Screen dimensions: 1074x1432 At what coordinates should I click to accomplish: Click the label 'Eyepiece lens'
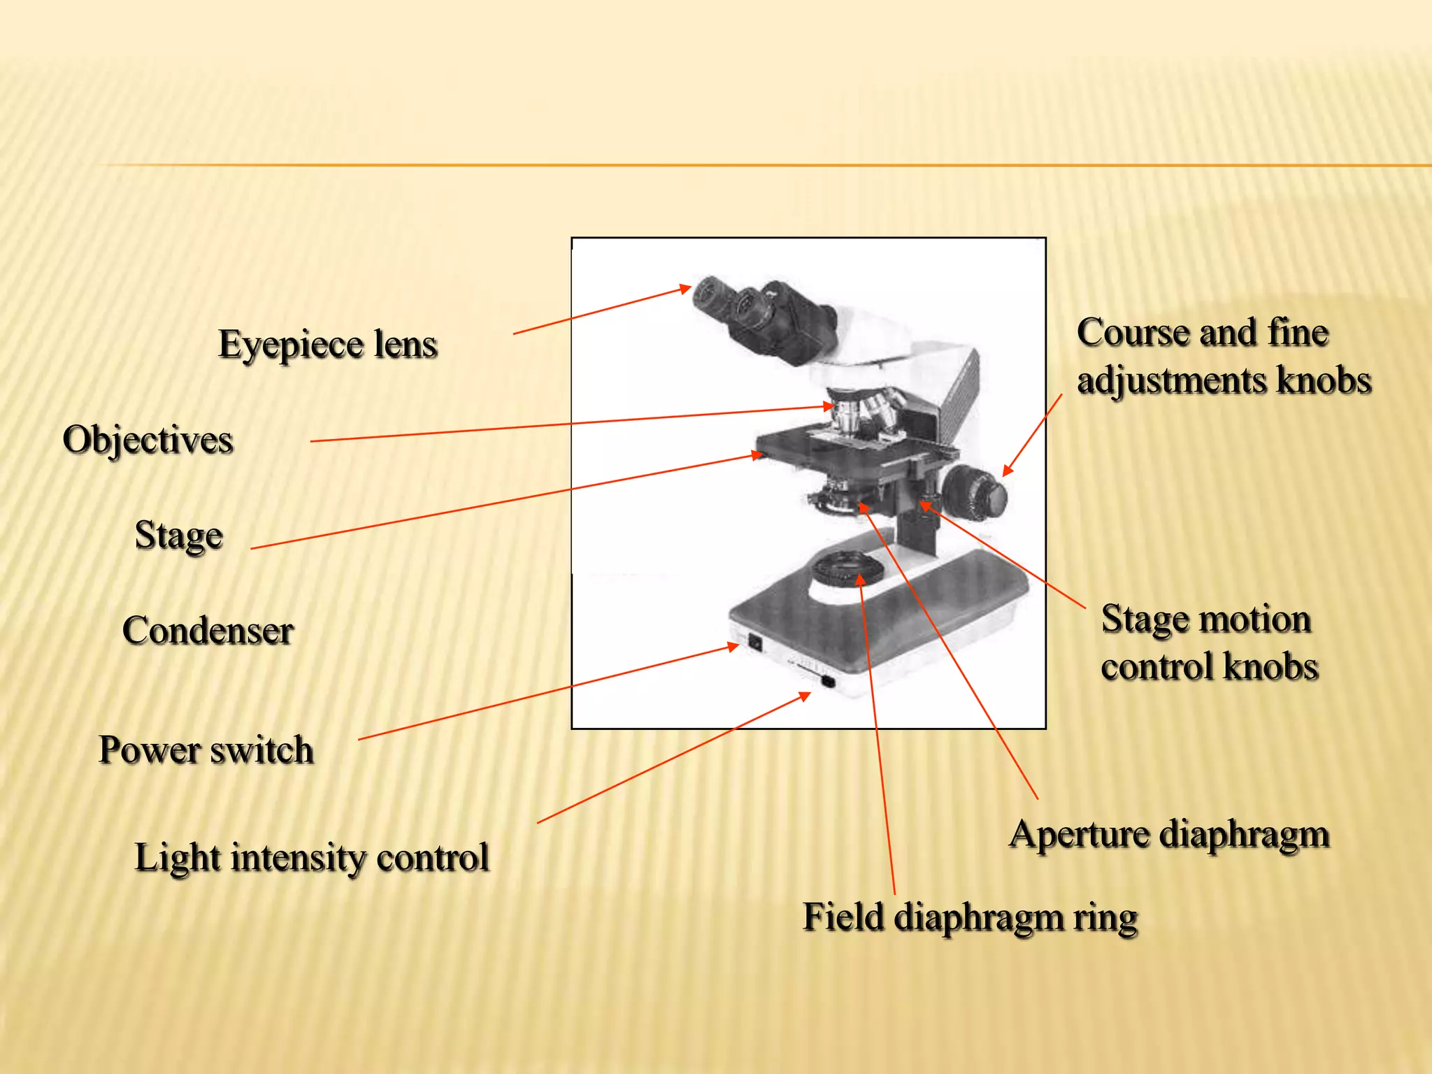[327, 345]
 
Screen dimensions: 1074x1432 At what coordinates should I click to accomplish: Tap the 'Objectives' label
[148, 441]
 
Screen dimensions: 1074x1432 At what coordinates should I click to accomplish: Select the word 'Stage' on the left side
[179, 536]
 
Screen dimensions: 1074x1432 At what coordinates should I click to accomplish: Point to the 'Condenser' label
[208, 631]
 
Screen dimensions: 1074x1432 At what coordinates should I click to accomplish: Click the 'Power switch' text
[206, 750]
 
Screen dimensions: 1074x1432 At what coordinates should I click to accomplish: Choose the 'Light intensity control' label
[312, 858]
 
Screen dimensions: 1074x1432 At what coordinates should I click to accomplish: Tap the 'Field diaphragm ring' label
[970, 917]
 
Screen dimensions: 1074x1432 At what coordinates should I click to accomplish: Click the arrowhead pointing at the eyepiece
[686, 288]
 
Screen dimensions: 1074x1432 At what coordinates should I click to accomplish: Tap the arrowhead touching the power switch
[733, 647]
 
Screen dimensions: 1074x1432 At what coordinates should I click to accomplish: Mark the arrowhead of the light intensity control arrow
[805, 696]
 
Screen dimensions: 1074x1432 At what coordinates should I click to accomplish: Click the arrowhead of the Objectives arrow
[829, 406]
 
